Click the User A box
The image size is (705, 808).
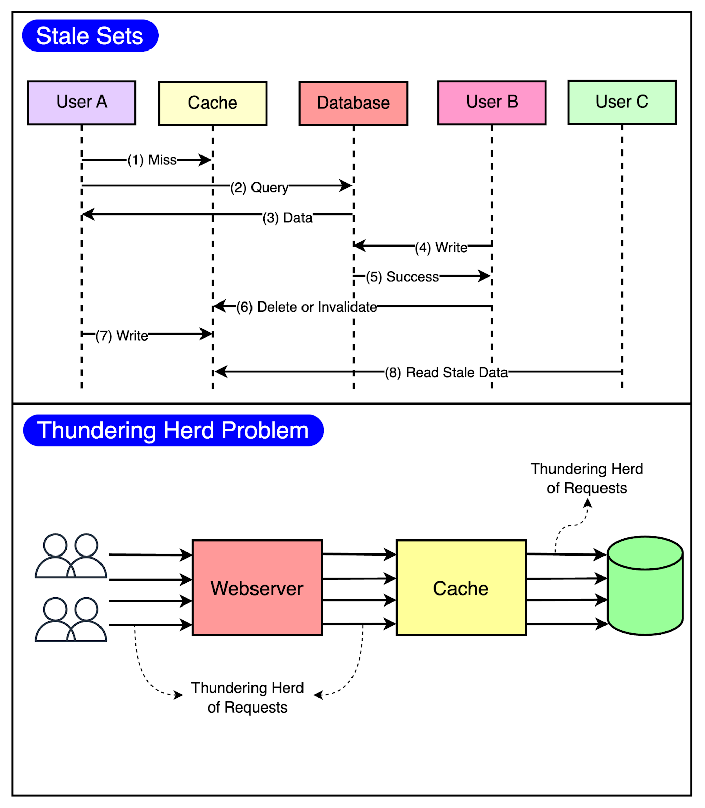click(81, 103)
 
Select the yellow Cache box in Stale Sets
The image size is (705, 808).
click(213, 103)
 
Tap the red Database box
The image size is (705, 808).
click(353, 103)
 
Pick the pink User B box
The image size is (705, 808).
click(491, 103)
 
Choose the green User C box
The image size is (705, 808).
click(622, 102)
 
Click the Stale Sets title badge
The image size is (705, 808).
click(90, 36)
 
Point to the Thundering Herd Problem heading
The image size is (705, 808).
click(173, 431)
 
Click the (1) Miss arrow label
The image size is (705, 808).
click(152, 160)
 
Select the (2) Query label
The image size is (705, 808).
click(259, 188)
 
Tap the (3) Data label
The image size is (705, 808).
click(287, 218)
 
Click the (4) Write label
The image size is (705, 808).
click(440, 248)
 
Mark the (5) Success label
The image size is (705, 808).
click(402, 277)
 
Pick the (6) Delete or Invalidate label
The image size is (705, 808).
click(307, 307)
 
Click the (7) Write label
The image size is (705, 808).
click(122, 336)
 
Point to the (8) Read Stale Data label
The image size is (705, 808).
click(446, 373)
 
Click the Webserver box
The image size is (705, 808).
click(257, 588)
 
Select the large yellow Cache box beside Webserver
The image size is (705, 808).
click(461, 588)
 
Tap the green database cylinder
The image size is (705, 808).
click(645, 586)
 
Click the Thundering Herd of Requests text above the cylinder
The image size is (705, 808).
click(587, 478)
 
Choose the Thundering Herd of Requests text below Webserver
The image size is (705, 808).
click(247, 697)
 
